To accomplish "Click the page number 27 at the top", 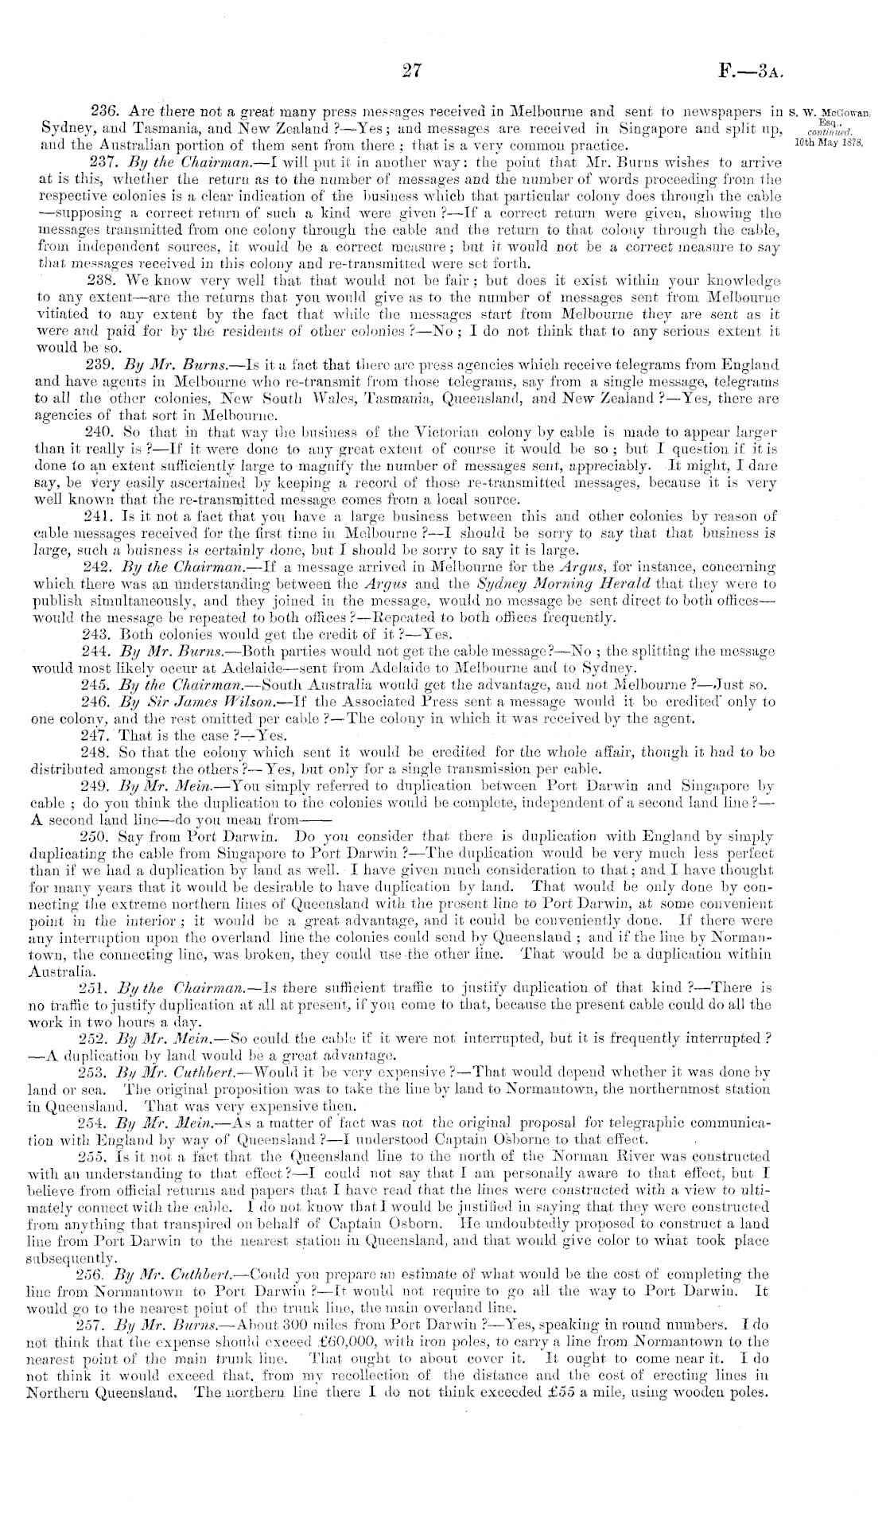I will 410,72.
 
